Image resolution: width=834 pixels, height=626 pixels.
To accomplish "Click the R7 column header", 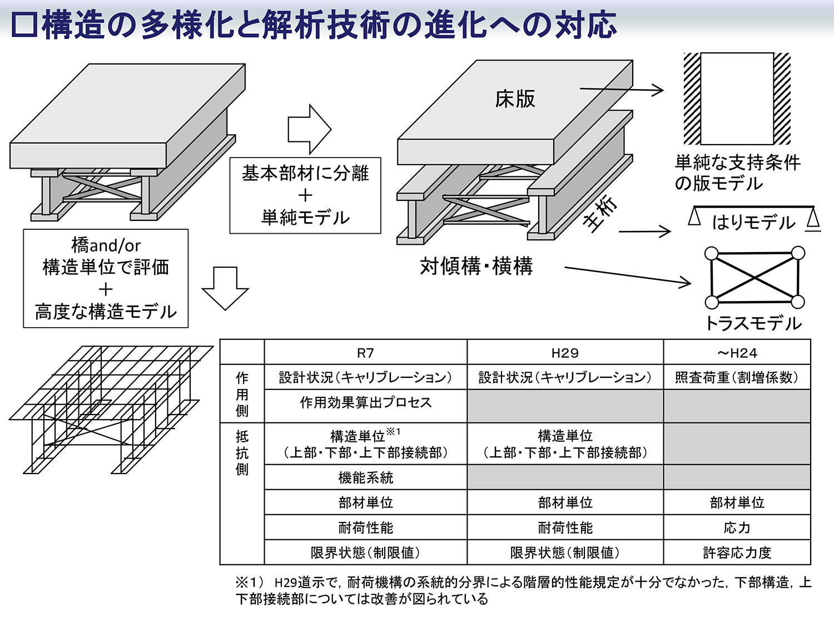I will click(365, 353).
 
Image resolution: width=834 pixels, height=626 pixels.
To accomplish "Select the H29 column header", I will click(565, 353).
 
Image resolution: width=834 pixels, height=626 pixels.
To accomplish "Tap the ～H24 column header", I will click(737, 353).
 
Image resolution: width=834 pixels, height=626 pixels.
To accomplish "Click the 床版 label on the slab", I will click(515, 99).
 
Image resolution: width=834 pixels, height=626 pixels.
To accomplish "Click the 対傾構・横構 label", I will click(476, 267).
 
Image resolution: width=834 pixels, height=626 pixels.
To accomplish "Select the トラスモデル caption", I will click(753, 323).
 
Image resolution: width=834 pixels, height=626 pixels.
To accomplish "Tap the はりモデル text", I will click(753, 223).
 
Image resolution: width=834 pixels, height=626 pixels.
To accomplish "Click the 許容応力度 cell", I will click(737, 553).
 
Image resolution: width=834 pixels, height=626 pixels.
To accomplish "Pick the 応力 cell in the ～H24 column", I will click(737, 528).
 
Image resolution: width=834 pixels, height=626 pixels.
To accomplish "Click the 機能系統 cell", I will click(365, 477).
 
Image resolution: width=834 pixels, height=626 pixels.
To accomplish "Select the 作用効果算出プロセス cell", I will click(365, 402).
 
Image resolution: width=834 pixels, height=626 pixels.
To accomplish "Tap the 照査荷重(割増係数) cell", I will click(737, 377).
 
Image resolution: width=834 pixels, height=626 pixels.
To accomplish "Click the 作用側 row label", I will click(242, 394).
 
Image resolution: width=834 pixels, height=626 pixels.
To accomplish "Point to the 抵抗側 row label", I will click(242, 452).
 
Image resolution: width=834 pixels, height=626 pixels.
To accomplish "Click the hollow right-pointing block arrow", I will click(309, 130).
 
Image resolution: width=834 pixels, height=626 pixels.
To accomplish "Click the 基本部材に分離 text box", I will click(305, 195).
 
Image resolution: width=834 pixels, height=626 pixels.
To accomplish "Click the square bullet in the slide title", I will click(24, 26).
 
